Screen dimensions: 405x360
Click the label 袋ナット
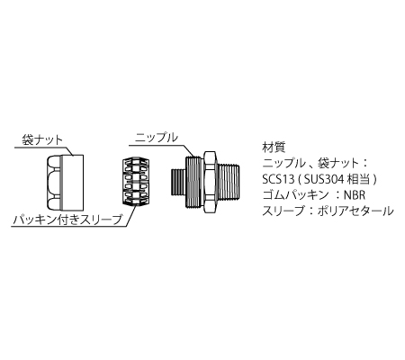pos(42,140)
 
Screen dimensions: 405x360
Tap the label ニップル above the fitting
pos(157,138)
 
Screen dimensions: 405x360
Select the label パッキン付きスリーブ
pos(67,220)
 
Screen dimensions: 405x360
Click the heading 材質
pos(274,148)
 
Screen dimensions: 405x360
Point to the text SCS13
pos(278,179)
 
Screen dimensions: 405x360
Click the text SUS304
pos(324,179)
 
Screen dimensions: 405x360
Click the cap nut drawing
pos(65,183)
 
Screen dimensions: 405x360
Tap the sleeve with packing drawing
pos(136,182)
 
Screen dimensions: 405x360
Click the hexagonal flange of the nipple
pos(210,183)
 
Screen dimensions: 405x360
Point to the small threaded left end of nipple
pos(177,183)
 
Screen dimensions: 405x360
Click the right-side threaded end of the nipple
pos(229,183)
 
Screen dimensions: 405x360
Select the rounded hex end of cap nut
pos(54,183)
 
